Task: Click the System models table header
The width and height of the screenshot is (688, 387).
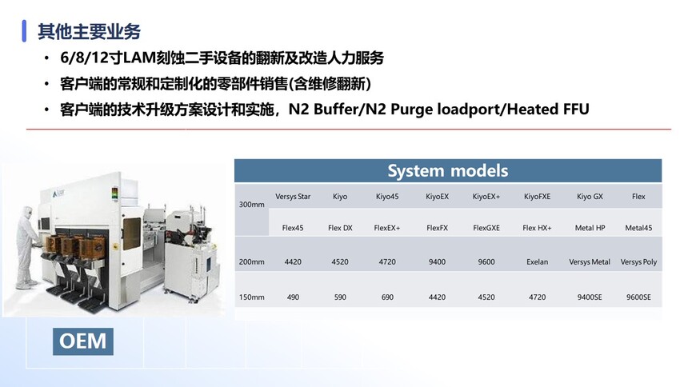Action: pyautogui.click(x=447, y=170)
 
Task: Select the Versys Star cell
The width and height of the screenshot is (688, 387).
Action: pyautogui.click(x=293, y=197)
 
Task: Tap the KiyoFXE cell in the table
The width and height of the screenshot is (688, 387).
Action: pyautogui.click(x=537, y=197)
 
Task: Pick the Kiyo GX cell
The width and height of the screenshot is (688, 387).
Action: pyautogui.click(x=590, y=197)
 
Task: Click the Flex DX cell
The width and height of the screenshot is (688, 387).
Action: pyautogui.click(x=340, y=228)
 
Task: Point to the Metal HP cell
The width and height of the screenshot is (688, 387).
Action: pyautogui.click(x=590, y=228)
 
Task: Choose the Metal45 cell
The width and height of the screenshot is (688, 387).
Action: pyautogui.click(x=638, y=228)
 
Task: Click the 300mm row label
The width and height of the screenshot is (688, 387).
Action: pyautogui.click(x=251, y=205)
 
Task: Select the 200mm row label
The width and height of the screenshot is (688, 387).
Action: pyautogui.click(x=251, y=262)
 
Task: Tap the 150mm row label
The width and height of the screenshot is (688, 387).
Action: pyautogui.click(x=251, y=297)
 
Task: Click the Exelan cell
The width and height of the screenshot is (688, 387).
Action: pyautogui.click(x=537, y=262)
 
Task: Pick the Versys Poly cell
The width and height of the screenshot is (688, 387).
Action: pyautogui.click(x=638, y=262)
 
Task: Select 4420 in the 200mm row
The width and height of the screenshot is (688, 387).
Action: pyautogui.click(x=293, y=262)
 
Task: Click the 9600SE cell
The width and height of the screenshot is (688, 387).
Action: pyautogui.click(x=638, y=297)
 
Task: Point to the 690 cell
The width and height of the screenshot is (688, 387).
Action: pyautogui.click(x=387, y=297)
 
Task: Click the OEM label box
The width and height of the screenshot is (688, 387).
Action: pyautogui.click(x=83, y=341)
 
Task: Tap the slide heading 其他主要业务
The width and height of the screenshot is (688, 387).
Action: pyautogui.click(x=89, y=32)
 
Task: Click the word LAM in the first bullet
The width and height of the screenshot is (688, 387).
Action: pyautogui.click(x=138, y=58)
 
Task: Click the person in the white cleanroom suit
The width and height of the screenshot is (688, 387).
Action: pyautogui.click(x=26, y=248)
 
